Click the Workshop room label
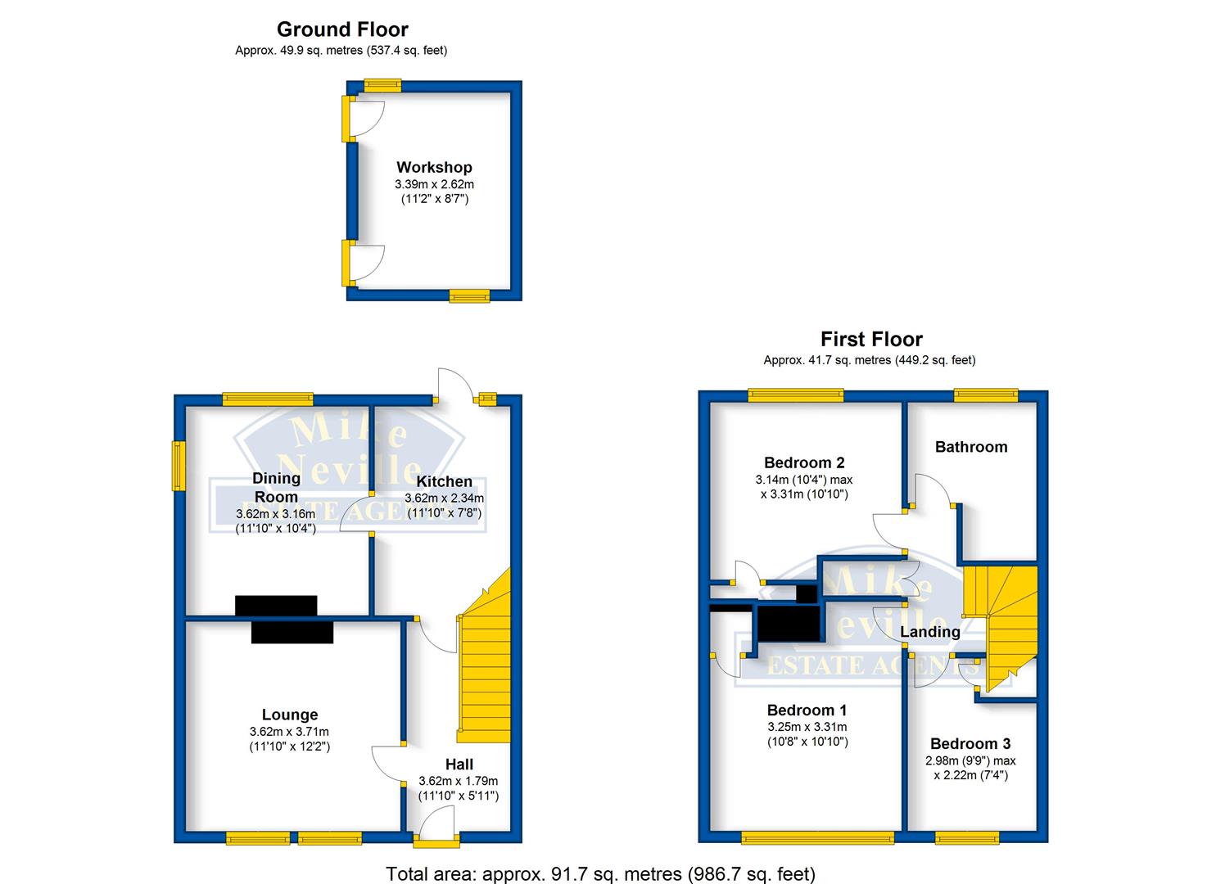click(x=434, y=168)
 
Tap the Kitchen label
click(x=444, y=481)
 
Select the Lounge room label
click(x=290, y=715)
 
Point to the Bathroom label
click(x=971, y=447)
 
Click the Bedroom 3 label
click(x=970, y=743)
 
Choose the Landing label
click(x=930, y=631)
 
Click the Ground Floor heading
click(x=342, y=29)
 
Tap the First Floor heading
click(x=871, y=339)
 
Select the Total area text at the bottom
click(x=600, y=873)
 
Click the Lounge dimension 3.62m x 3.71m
click(x=290, y=732)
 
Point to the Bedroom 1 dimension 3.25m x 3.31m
click(x=807, y=727)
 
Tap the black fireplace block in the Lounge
click(x=292, y=633)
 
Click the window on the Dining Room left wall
click(x=176, y=467)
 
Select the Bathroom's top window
click(x=985, y=397)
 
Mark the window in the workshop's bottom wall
click(x=469, y=296)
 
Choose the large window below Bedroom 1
click(x=818, y=837)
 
